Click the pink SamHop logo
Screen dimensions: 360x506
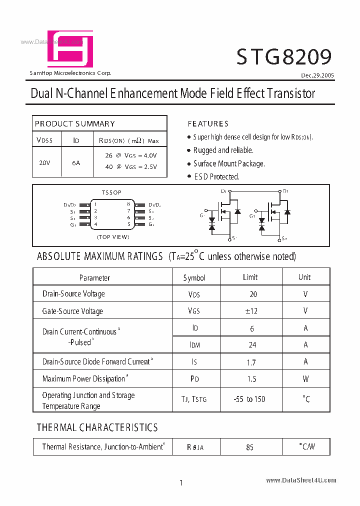pyautogui.click(x=70, y=49)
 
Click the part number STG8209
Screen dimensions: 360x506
pyautogui.click(x=284, y=57)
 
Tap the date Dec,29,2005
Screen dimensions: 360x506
pyautogui.click(x=317, y=75)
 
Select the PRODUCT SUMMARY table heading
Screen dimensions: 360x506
pyautogui.click(x=75, y=123)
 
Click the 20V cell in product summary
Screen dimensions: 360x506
pyautogui.click(x=44, y=162)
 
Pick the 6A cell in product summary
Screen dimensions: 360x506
pyautogui.click(x=76, y=162)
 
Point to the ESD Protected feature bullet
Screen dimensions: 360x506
pyautogui.click(x=216, y=176)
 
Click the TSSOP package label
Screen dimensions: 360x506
pyautogui.click(x=111, y=192)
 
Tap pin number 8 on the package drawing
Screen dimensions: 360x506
pyautogui.click(x=128, y=204)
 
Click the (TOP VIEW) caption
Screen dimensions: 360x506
pyautogui.click(x=113, y=236)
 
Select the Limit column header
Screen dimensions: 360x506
pyautogui.click(x=250, y=277)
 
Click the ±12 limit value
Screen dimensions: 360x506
pyautogui.click(x=251, y=311)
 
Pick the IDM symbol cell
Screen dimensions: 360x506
pyautogui.click(x=194, y=345)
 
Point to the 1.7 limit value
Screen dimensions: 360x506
pyautogui.click(x=251, y=362)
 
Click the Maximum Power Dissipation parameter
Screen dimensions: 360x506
pyautogui.click(x=84, y=379)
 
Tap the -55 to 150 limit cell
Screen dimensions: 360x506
pyautogui.click(x=249, y=399)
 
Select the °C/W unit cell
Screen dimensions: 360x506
pyautogui.click(x=306, y=446)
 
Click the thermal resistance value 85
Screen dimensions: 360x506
pyautogui.click(x=250, y=447)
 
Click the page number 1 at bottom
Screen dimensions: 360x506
pyautogui.click(x=181, y=482)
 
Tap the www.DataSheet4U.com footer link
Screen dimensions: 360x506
pyautogui.click(x=301, y=480)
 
